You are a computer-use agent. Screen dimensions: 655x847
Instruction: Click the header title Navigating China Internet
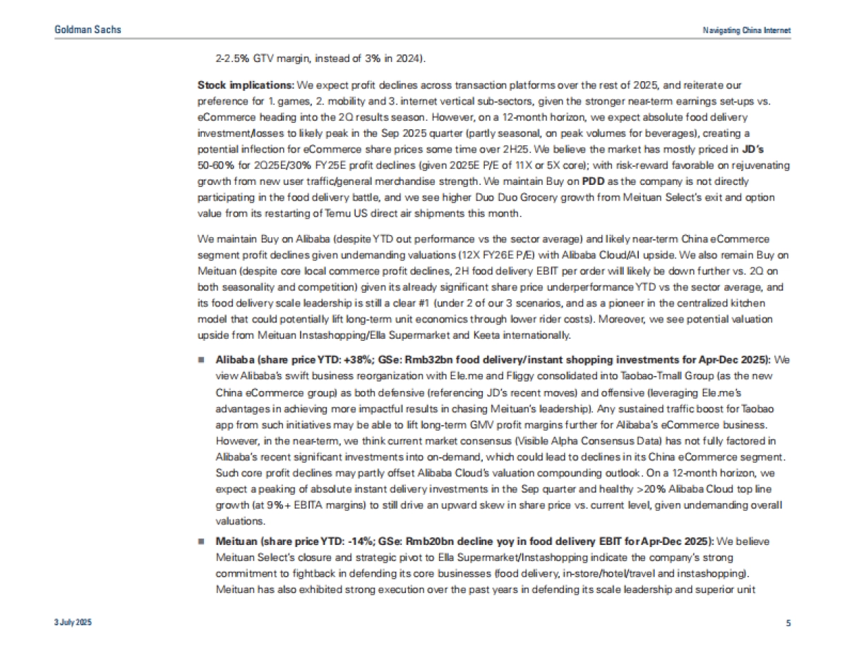pyautogui.click(x=747, y=30)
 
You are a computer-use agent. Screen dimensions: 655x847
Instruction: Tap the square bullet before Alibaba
pyautogui.click(x=202, y=359)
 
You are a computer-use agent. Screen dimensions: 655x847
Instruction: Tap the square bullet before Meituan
pyautogui.click(x=202, y=541)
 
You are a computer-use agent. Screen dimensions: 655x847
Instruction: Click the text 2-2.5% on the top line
pyautogui.click(x=232, y=58)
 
